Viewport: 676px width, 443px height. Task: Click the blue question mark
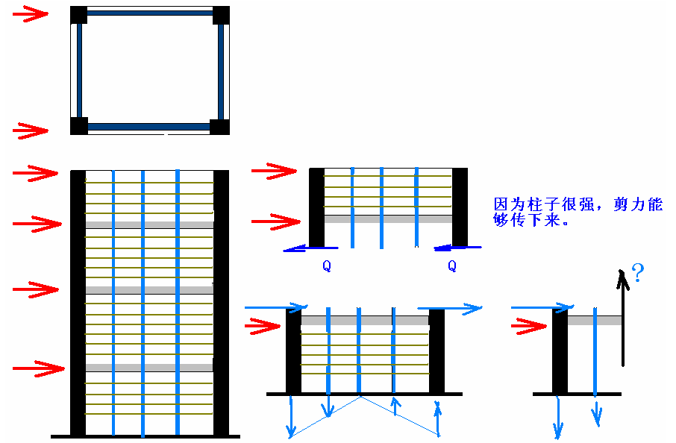click(638, 273)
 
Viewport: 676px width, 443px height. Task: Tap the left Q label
click(326, 265)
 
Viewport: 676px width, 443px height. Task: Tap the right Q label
click(451, 265)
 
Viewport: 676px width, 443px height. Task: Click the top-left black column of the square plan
click(79, 15)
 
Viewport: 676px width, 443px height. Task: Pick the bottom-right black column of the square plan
click(219, 126)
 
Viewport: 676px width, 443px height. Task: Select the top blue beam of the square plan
click(149, 13)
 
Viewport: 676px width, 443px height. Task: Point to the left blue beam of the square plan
click(78, 71)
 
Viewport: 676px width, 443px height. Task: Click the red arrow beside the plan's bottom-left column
click(31, 131)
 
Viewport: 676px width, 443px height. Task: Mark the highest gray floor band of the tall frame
click(149, 224)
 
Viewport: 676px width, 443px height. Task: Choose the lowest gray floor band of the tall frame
click(149, 368)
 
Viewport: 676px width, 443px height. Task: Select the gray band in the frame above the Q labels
click(388, 219)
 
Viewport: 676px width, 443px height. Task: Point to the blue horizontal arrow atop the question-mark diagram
click(542, 307)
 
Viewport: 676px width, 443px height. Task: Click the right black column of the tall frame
click(221, 302)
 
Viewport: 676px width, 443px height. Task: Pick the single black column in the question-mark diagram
click(560, 351)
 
